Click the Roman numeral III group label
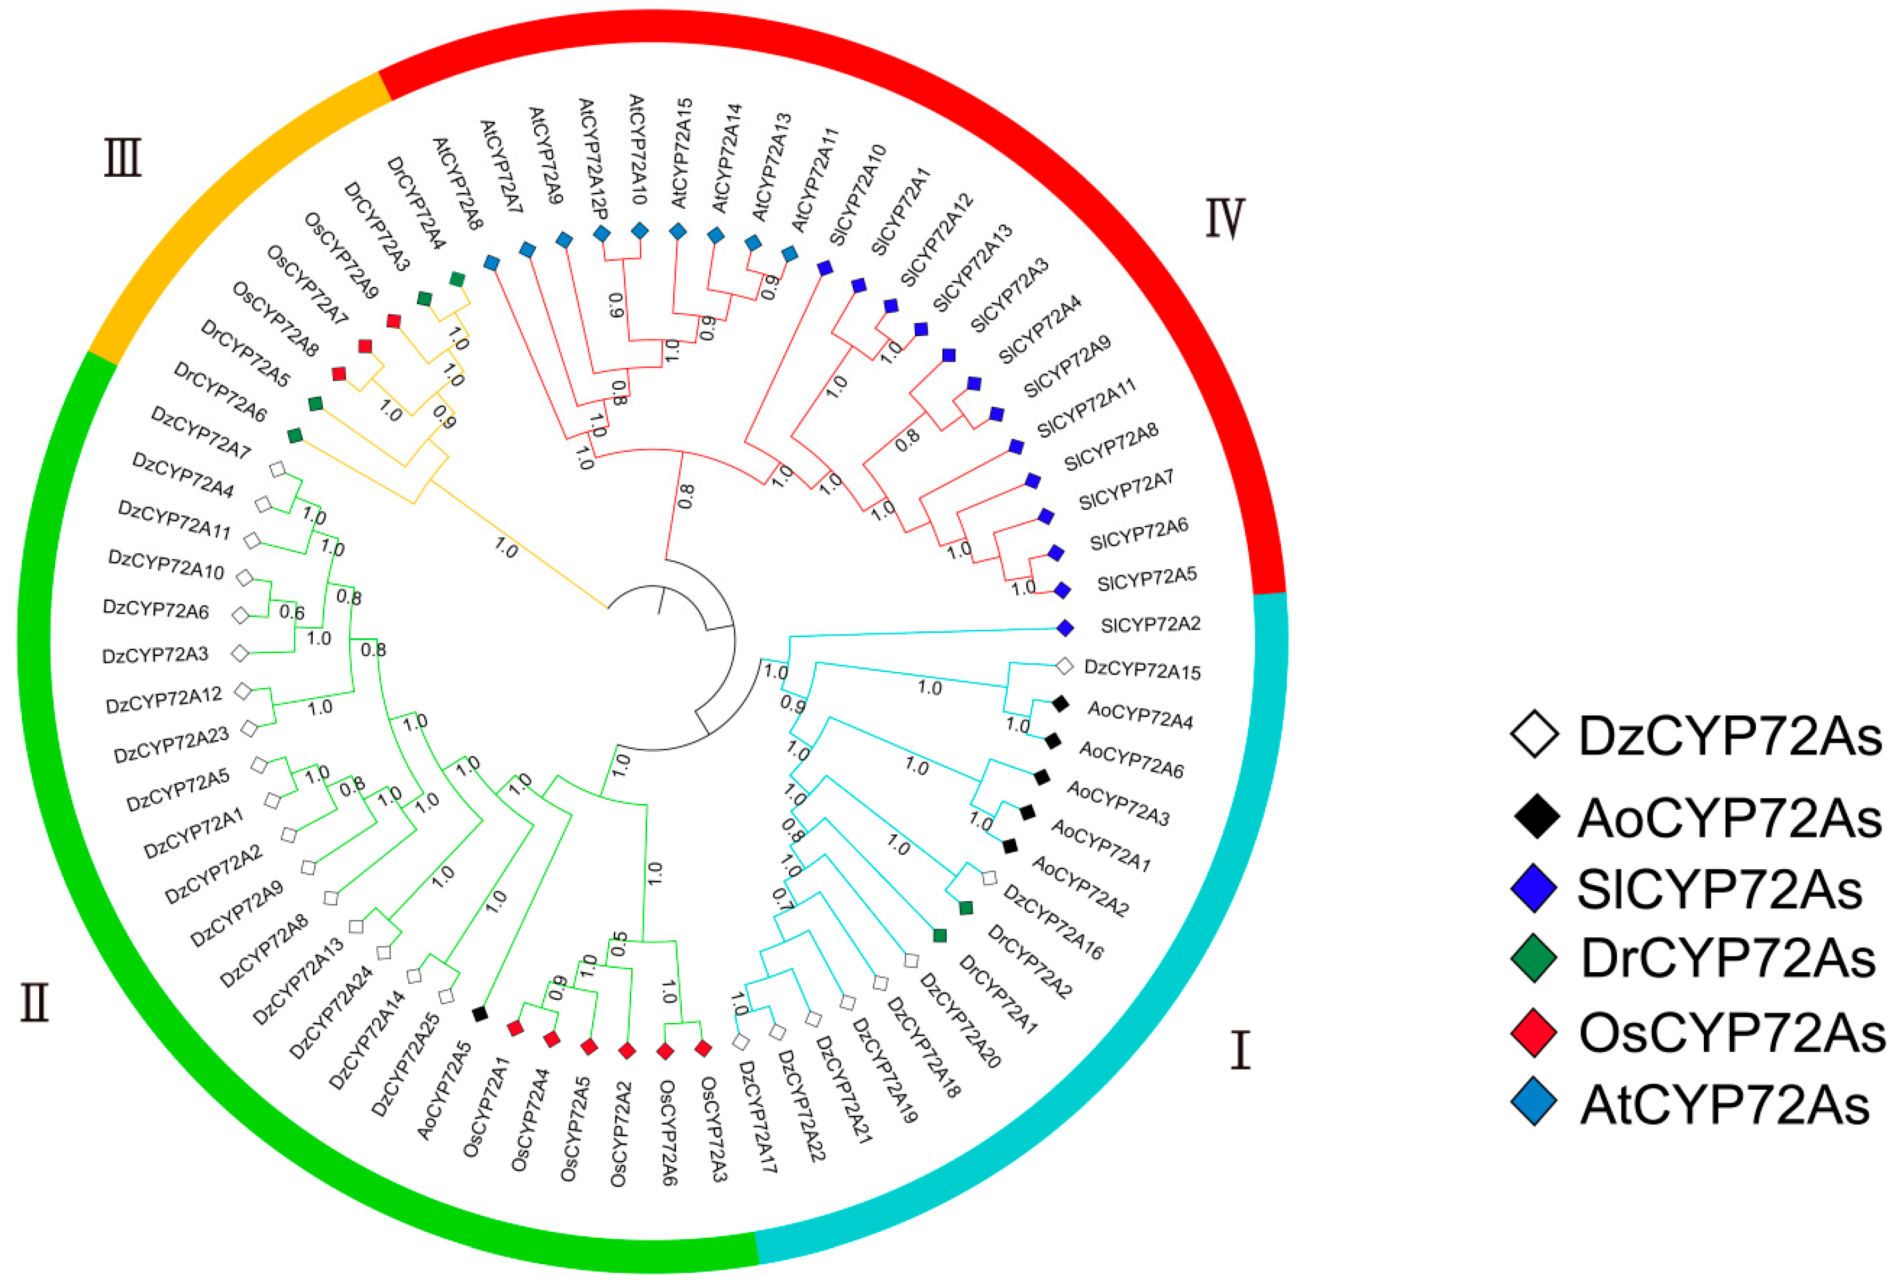coord(123,158)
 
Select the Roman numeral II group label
coord(35,1004)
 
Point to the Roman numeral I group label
coord(1240,1051)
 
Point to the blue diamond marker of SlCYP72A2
coord(1065,628)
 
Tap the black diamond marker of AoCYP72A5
coord(480,1013)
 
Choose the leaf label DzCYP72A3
coord(155,655)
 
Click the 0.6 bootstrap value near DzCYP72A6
coord(291,612)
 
